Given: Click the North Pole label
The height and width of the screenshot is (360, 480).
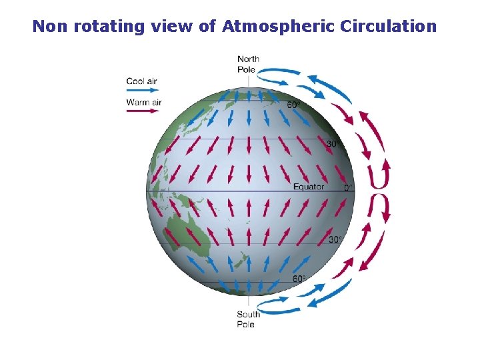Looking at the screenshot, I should pyautogui.click(x=248, y=63).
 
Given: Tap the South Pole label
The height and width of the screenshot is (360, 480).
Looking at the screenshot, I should pyautogui.click(x=248, y=319).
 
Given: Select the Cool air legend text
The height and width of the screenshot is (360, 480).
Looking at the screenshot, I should pyautogui.click(x=141, y=81).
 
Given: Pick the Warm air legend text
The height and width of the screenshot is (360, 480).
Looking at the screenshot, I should pyautogui.click(x=143, y=102).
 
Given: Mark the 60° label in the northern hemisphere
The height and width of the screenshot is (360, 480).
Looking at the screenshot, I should pyautogui.click(x=293, y=105).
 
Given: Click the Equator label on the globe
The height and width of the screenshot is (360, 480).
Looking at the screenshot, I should pyautogui.click(x=309, y=187).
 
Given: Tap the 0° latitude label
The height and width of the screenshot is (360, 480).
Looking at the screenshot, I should pyautogui.click(x=348, y=188).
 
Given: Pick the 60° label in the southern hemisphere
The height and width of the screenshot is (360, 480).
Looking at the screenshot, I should pyautogui.click(x=299, y=279).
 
